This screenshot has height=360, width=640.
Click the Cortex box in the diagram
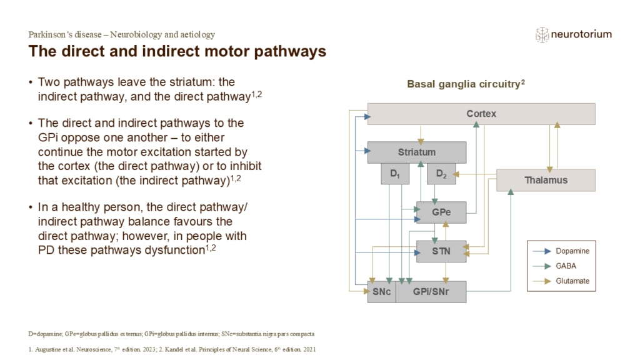coord(481,114)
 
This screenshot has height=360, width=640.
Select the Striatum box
coord(416,152)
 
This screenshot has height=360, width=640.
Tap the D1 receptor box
coord(395,174)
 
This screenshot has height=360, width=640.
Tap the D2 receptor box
coord(441,174)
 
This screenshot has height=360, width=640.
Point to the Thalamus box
coord(546,180)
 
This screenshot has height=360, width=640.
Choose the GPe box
coord(441,212)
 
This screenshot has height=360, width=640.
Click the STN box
coord(441,251)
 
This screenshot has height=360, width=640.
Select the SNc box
coord(381,292)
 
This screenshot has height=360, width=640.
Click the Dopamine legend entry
coord(572,251)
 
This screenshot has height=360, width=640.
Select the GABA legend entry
coord(566,266)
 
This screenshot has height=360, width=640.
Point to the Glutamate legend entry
coord(572,281)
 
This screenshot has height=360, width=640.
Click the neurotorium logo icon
coord(541,34)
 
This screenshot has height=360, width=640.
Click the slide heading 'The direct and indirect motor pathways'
coord(177,51)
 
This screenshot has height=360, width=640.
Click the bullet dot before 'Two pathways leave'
coord(31,82)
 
